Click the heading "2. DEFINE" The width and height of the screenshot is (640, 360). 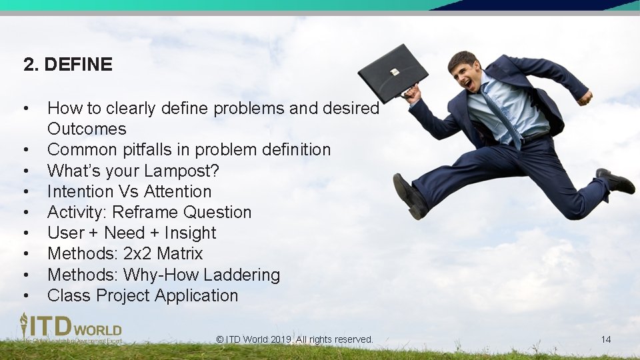coord(67,65)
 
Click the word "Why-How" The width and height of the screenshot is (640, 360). coord(158,275)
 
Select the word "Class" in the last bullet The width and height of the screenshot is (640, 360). coord(69,295)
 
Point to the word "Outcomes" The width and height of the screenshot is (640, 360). coord(87,129)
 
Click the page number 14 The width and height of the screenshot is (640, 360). coord(605,339)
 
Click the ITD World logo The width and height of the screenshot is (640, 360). coord(70,328)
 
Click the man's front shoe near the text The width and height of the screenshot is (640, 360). coord(409,196)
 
